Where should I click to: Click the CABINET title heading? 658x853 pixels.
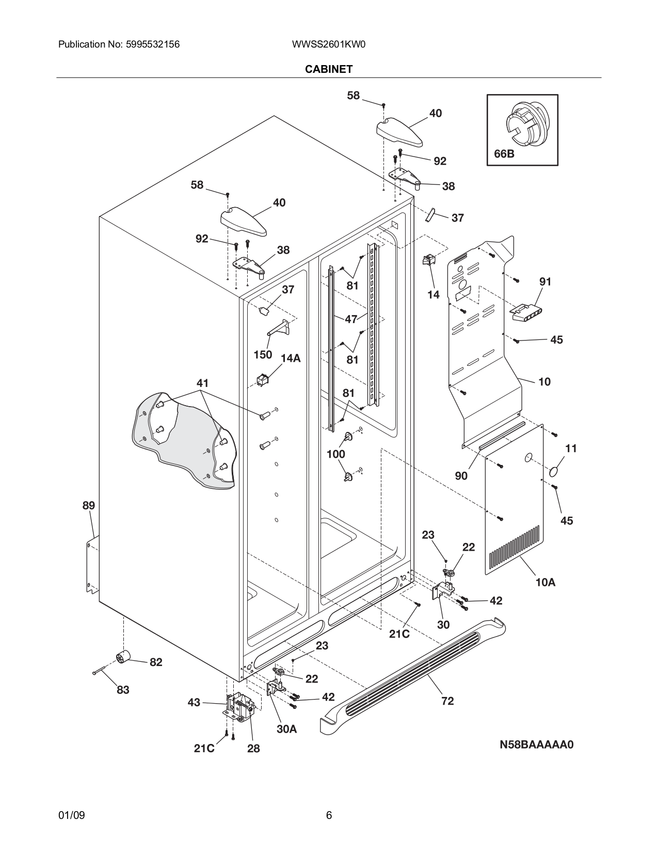click(329, 69)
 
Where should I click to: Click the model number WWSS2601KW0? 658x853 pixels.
click(329, 44)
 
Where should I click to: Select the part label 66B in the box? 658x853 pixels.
click(504, 154)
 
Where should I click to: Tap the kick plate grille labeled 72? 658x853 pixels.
click(413, 677)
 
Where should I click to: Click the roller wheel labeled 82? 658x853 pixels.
click(123, 658)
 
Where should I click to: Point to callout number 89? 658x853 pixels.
click(89, 505)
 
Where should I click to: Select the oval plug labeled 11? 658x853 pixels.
click(554, 471)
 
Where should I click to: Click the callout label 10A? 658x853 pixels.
click(545, 582)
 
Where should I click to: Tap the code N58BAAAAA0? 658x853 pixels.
click(536, 745)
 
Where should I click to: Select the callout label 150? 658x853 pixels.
click(263, 354)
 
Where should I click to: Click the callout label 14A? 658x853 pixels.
click(291, 358)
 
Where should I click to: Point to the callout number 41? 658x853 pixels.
click(202, 383)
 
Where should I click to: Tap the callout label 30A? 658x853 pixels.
click(287, 729)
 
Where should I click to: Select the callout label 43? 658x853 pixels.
click(194, 703)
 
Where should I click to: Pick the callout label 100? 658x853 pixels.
click(336, 454)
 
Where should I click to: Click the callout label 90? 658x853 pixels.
click(461, 476)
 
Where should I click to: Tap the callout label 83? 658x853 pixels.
click(123, 690)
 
